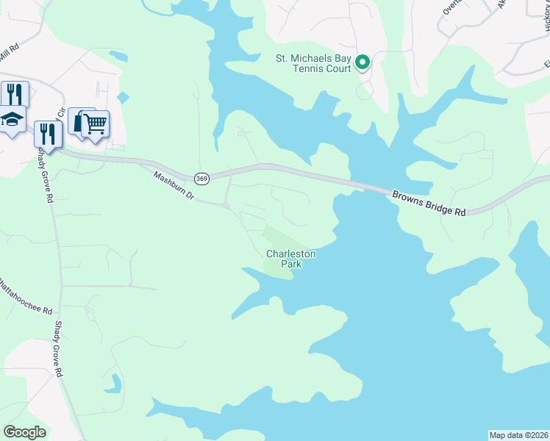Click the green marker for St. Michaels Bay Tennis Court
coord(362,63)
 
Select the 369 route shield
coord(202,179)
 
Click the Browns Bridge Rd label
coord(429,203)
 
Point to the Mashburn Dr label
coord(173,187)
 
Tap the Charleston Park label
coord(290,259)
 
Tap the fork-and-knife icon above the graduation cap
coord(14,93)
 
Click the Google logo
coord(25,432)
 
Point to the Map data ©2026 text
coord(518,435)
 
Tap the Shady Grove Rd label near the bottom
coord(57,349)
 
